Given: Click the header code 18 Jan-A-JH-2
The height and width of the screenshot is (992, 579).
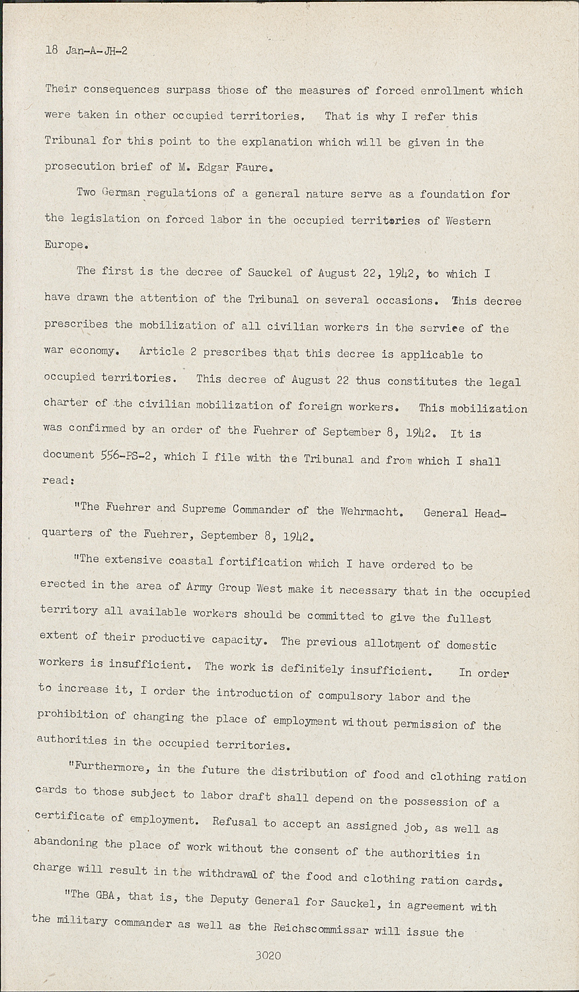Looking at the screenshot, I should pyautogui.click(x=86, y=50).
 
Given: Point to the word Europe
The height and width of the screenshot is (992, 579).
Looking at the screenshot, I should pyautogui.click(x=65, y=245).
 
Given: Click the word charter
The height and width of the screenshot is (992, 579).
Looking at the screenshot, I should pyautogui.click(x=65, y=403).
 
